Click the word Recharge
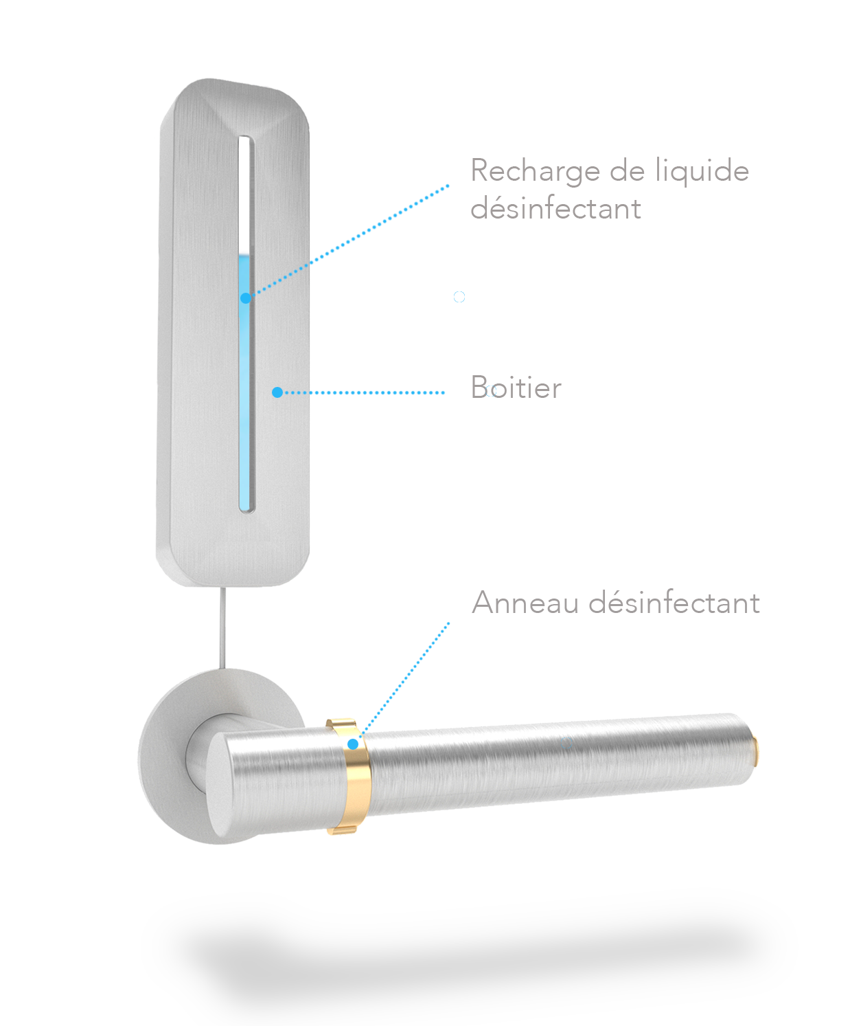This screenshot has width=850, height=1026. [536, 172]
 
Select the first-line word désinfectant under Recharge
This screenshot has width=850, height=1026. [556, 208]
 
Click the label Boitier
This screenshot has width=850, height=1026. [516, 388]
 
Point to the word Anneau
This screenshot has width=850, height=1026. [525, 603]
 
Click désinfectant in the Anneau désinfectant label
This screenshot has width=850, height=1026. [674, 603]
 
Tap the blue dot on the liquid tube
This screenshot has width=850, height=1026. [246, 298]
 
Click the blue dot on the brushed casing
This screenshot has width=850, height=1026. [277, 392]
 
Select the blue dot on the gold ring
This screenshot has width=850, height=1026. [353, 744]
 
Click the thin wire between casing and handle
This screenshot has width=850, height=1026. [223, 628]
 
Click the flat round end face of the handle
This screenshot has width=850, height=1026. [219, 785]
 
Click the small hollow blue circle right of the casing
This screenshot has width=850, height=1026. [459, 296]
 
